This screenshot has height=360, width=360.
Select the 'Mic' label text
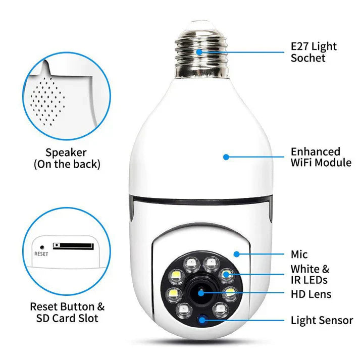pos(299,254)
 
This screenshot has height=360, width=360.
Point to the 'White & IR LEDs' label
pos(310,274)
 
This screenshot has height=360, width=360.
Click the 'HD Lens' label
pos(311,294)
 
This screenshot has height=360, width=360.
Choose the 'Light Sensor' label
pos(322,320)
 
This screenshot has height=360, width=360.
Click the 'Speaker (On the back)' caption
pos(67,158)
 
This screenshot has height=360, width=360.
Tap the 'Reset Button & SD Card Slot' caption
pos(67,312)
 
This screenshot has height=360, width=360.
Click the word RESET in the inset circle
pos(41,254)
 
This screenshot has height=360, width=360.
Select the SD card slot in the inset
pos(73,246)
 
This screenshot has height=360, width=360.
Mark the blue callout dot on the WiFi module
pos(226,157)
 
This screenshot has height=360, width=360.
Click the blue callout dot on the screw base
pos(199,52)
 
